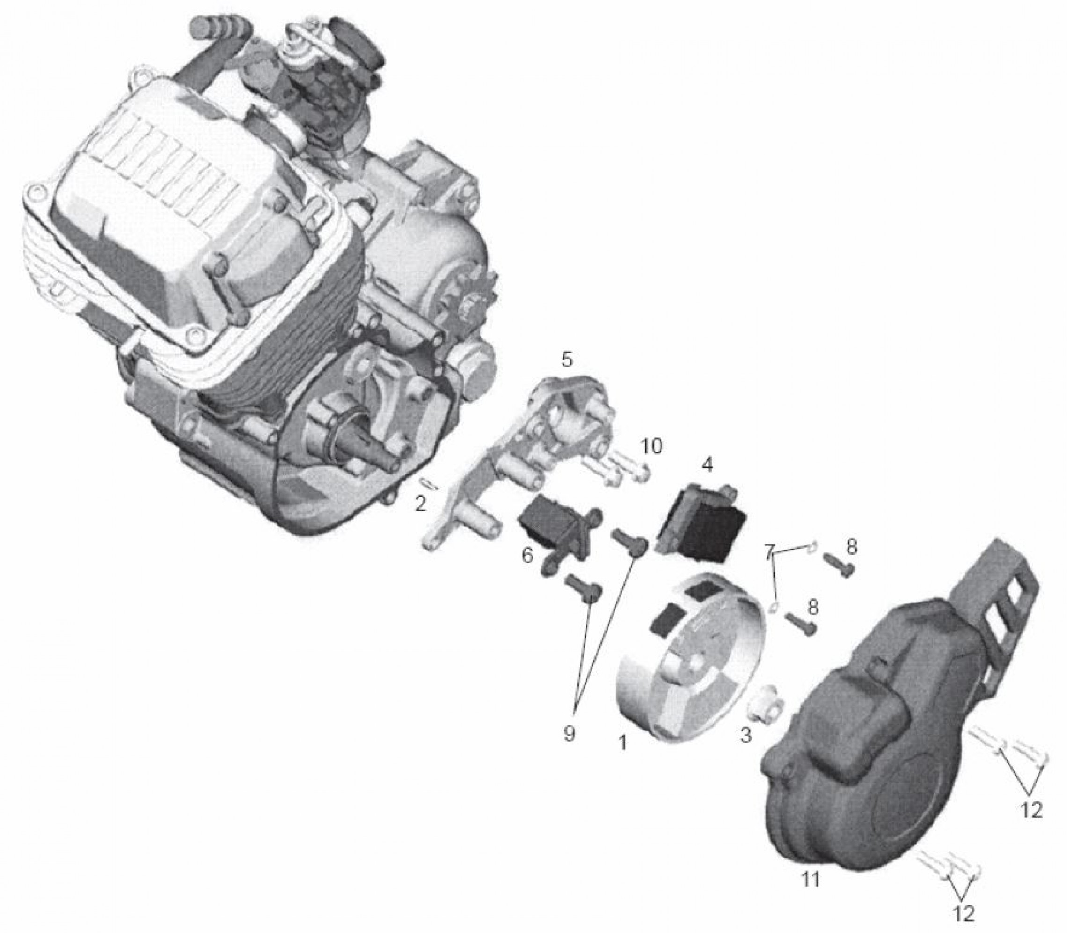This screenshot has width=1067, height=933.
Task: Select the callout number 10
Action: [x=650, y=446]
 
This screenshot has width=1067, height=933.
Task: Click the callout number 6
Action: [x=527, y=556]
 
